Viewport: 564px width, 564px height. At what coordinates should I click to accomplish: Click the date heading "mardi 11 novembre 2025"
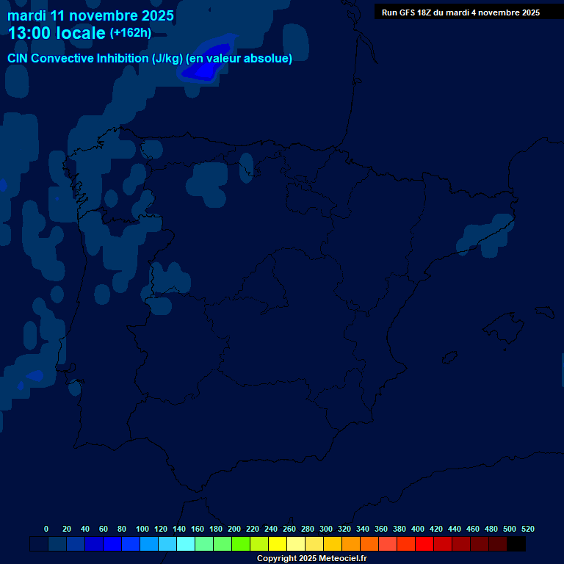[90, 15]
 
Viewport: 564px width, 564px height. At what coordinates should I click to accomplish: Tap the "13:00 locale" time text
[57, 33]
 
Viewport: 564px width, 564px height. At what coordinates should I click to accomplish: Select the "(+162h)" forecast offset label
[130, 33]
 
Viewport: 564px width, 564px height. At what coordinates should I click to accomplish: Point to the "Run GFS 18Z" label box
[460, 12]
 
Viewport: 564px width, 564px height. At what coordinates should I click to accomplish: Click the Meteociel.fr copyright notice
[311, 559]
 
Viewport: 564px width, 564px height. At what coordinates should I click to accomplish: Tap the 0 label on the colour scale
[46, 529]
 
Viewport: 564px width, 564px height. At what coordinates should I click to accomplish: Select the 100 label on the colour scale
[142, 529]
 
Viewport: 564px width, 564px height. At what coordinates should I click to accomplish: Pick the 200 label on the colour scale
[234, 529]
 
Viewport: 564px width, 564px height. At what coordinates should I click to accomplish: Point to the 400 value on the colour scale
[418, 529]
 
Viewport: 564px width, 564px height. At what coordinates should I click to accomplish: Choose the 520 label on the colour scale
[528, 529]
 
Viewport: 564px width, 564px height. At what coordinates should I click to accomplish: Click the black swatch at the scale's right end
[516, 544]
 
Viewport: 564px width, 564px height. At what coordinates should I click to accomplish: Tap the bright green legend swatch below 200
[241, 544]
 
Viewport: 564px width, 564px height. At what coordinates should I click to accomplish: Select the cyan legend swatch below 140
[186, 544]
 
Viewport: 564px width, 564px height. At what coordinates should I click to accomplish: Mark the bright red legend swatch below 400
[424, 544]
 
